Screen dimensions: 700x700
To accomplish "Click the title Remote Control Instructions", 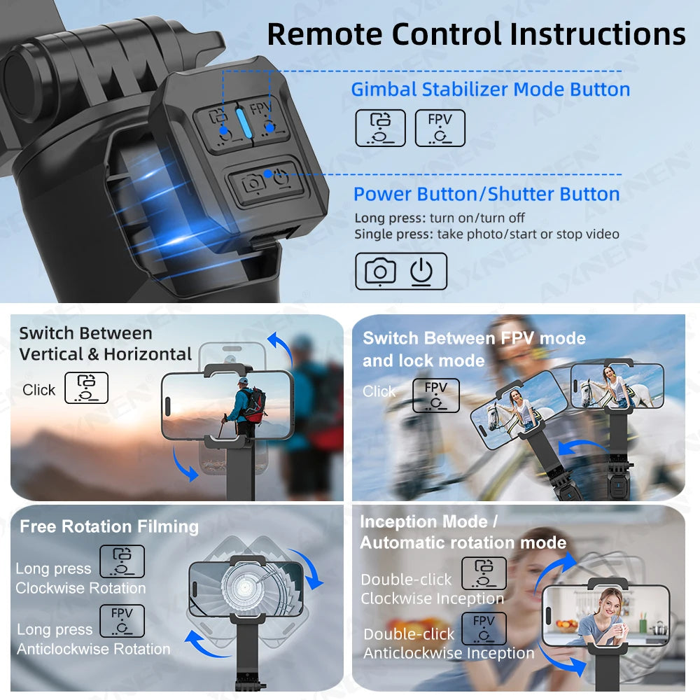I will click(476, 34).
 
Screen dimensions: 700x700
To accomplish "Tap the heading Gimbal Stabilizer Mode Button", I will click(490, 90).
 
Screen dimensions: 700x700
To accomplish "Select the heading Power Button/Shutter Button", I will click(486, 194).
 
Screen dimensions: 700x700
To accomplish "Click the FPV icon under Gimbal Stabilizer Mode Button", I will click(440, 128).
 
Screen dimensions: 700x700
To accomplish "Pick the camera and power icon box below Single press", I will click(400, 271).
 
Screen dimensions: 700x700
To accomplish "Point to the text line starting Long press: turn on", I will click(440, 218).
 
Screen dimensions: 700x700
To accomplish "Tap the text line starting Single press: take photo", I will click(486, 234).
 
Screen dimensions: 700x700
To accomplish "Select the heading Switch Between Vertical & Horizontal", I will click(105, 343).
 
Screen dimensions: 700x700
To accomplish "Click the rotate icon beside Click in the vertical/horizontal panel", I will click(86, 388).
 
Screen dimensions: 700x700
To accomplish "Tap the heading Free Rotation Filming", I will click(109, 526).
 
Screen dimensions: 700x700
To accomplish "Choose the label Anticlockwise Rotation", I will click(94, 649).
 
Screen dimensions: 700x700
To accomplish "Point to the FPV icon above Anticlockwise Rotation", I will click(122, 620).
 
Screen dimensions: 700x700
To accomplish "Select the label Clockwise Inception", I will click(432, 598).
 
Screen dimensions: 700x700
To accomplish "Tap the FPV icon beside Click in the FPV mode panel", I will click(435, 395).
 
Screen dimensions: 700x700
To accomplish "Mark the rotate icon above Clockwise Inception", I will click(483, 573).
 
